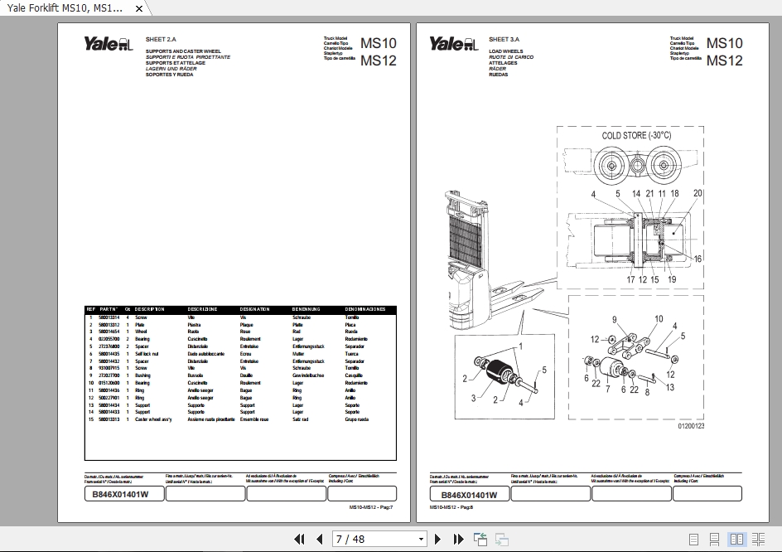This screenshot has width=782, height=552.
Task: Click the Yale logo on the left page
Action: point(107,45)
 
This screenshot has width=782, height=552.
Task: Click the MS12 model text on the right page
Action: point(725,61)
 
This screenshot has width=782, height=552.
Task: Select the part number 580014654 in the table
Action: point(109,332)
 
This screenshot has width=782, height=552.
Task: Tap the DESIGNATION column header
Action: point(254,309)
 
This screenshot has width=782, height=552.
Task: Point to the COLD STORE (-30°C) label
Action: point(636,135)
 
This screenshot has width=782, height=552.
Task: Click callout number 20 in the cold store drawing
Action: point(698,193)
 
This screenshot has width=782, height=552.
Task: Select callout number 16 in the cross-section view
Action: point(698,259)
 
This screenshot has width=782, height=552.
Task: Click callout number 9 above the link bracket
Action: point(615,319)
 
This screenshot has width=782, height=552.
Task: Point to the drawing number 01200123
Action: point(691,426)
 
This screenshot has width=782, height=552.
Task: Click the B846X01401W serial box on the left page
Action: point(121,495)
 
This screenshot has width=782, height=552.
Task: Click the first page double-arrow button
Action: point(300,539)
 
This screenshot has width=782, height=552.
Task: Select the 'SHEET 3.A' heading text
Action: point(504,39)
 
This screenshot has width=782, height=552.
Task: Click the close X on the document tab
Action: point(138,8)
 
